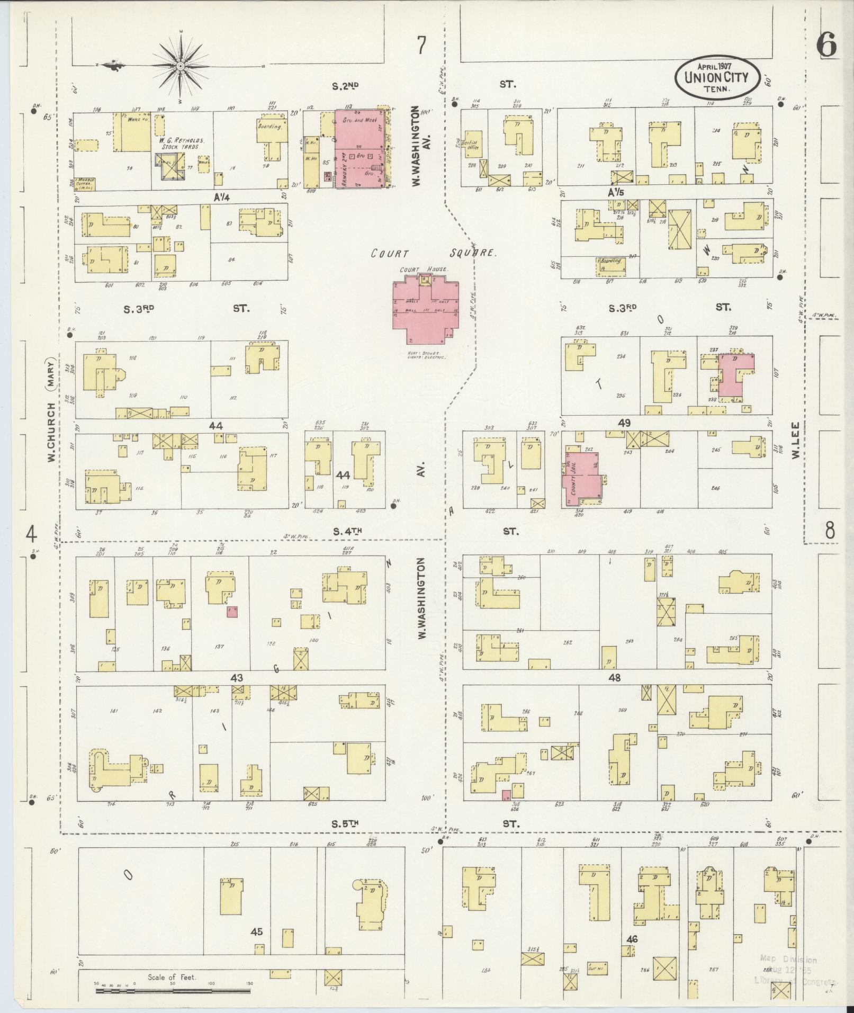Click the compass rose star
point(180,66)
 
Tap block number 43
point(237,678)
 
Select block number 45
point(257,931)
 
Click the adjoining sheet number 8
point(830,530)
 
